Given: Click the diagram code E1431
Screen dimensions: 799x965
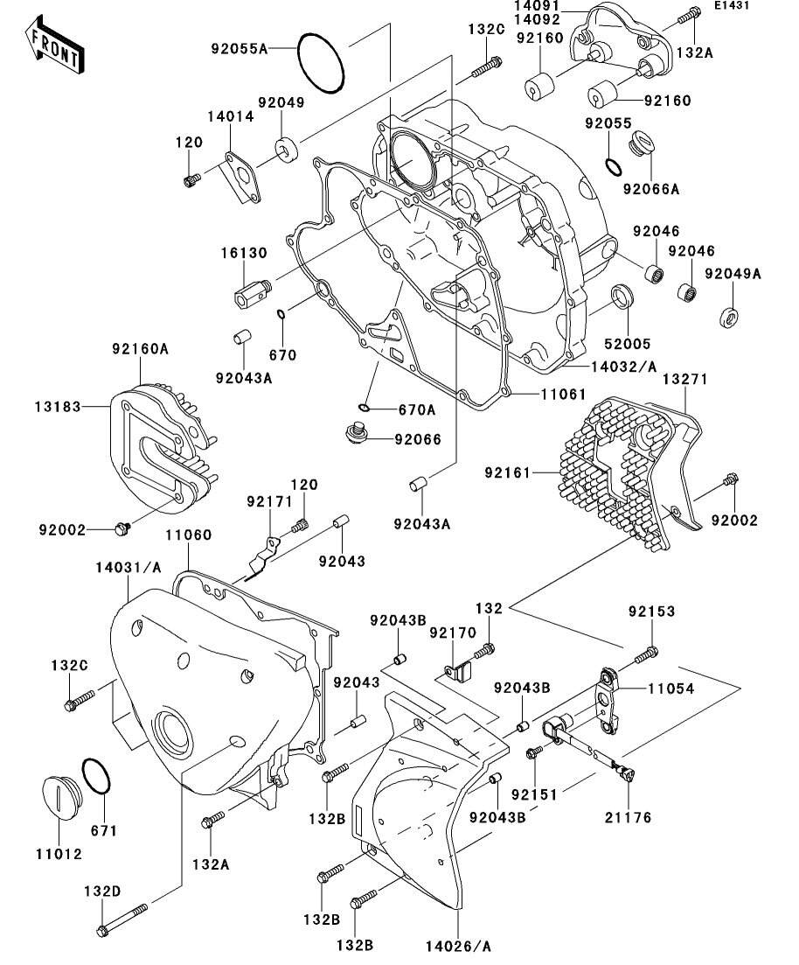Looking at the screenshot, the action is point(732,5).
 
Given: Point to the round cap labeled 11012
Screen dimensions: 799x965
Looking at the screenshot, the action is point(59,798).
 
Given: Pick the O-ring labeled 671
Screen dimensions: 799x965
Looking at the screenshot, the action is point(96,777).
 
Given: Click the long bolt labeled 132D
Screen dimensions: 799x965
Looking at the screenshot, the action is point(122,916).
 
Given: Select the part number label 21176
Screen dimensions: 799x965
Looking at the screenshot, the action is point(628,817).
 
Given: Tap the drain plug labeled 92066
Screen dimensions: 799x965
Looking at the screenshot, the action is point(356,432).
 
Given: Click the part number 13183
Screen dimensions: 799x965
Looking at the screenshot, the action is point(58,406).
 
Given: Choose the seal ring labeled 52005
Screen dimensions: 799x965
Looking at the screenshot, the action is point(622,296).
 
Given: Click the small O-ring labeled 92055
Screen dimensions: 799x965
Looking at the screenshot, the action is point(613,167).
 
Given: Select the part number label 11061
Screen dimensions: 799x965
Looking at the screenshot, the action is point(563,394).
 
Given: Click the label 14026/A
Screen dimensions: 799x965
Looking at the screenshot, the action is point(457,945).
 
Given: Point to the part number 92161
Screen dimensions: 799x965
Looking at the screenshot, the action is point(507,472).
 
